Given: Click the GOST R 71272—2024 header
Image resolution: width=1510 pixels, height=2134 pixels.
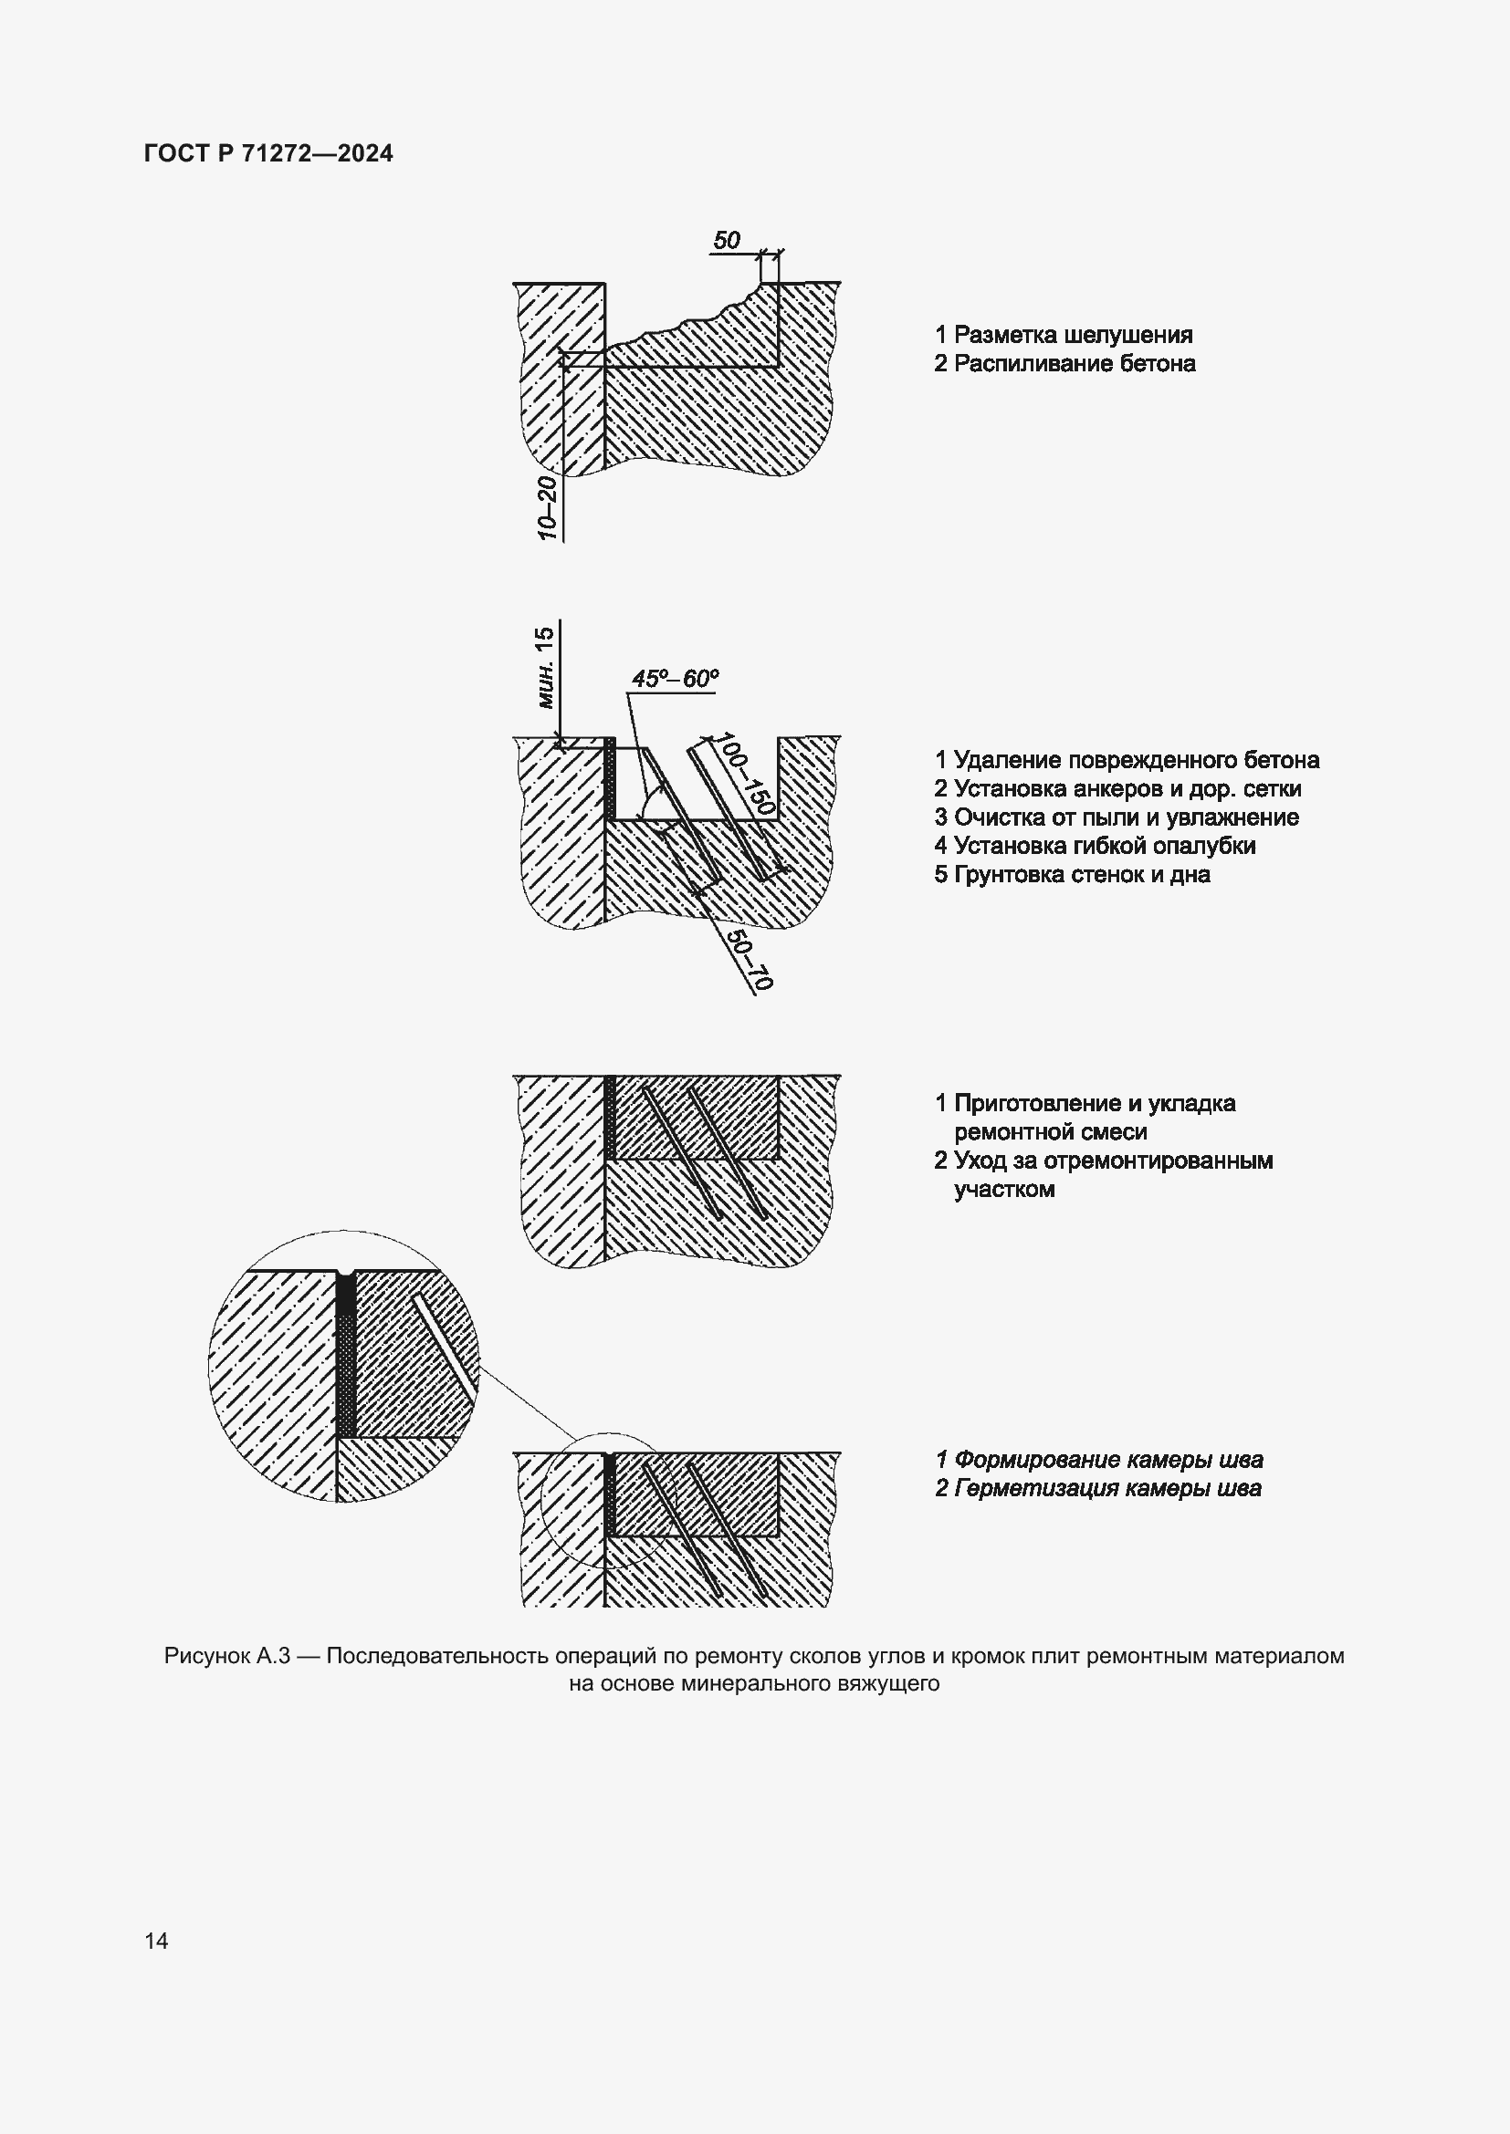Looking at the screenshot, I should coord(268,153).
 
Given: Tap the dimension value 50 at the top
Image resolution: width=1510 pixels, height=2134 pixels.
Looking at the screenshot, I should coord(726,241).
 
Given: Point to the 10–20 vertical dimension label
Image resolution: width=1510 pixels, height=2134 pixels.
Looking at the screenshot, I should coord(547,507).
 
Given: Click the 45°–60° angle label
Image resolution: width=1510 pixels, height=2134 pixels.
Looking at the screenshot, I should coord(675,679).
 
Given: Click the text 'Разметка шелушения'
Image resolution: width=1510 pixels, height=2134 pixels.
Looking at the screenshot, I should coord(1073,335).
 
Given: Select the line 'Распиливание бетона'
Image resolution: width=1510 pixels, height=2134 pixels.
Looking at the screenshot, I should coord(1074,363).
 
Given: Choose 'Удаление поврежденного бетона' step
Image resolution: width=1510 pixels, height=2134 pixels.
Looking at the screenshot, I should coord(1137,760).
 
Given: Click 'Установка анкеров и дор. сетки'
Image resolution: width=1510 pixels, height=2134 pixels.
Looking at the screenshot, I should coord(1127,789).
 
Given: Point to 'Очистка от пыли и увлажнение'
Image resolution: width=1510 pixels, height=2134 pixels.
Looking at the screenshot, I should coord(1126,817).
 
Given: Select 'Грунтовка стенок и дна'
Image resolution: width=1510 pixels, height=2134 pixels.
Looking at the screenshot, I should coord(1083,875).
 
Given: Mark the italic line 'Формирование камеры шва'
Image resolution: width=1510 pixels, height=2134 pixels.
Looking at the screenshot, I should coord(1108,1460).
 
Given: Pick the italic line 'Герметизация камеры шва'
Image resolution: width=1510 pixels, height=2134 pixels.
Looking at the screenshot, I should coord(1107,1489).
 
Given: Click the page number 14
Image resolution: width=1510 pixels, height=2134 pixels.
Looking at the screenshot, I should coord(156,1941).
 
